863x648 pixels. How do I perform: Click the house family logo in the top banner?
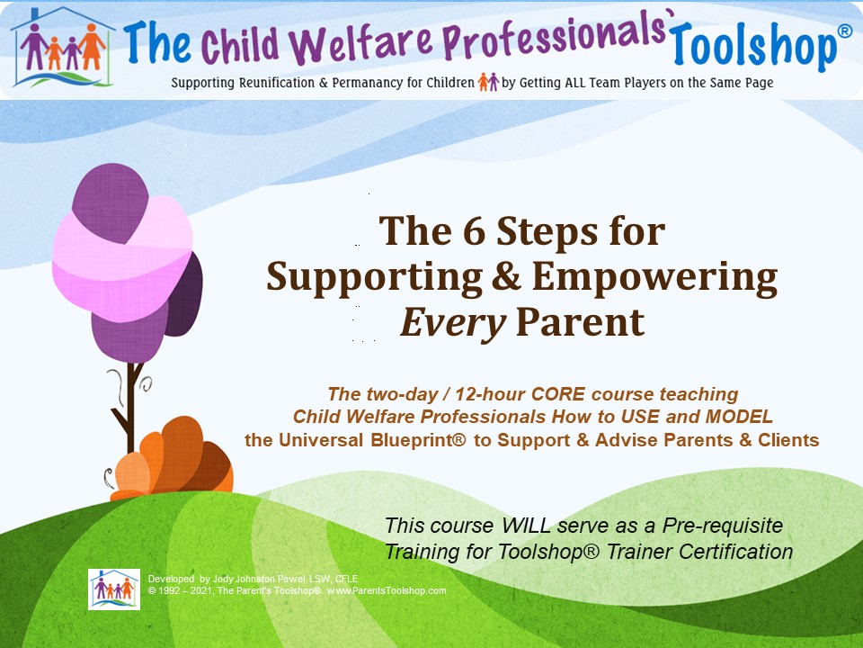[x=63, y=49]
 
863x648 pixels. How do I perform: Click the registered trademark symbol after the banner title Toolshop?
[x=845, y=31]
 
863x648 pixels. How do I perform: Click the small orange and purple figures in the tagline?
[x=488, y=82]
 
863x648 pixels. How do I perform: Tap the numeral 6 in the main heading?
[x=474, y=231]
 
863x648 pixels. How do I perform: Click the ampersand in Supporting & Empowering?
[x=506, y=275]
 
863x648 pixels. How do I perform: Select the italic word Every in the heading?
[x=453, y=322]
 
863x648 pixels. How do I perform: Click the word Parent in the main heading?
[x=580, y=321]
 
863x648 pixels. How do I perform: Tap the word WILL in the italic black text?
[x=526, y=525]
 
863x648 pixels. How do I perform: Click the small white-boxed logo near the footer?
[x=114, y=589]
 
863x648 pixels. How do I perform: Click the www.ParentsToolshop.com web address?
[x=387, y=590]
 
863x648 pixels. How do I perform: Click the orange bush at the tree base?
[x=172, y=457]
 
